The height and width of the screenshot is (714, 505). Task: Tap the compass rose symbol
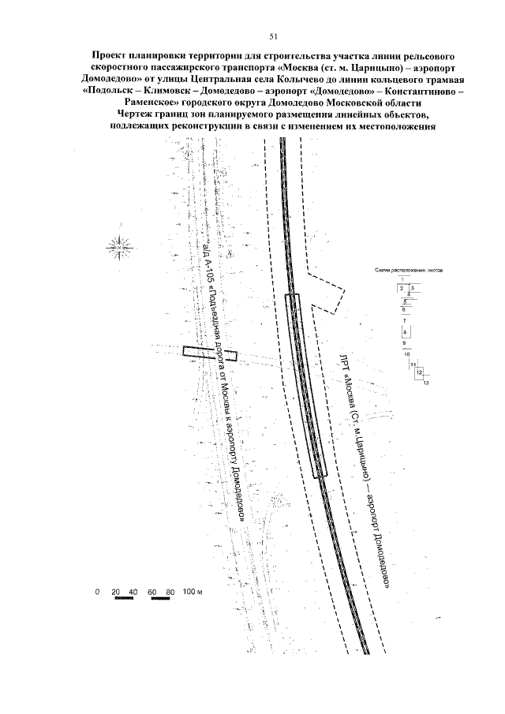[118, 247]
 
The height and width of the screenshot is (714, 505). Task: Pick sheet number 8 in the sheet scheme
[404, 333]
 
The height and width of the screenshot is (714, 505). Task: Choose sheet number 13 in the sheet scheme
[425, 383]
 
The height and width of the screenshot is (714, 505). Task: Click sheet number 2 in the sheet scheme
[402, 289]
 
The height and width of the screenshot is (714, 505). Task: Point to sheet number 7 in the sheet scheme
[404, 321]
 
